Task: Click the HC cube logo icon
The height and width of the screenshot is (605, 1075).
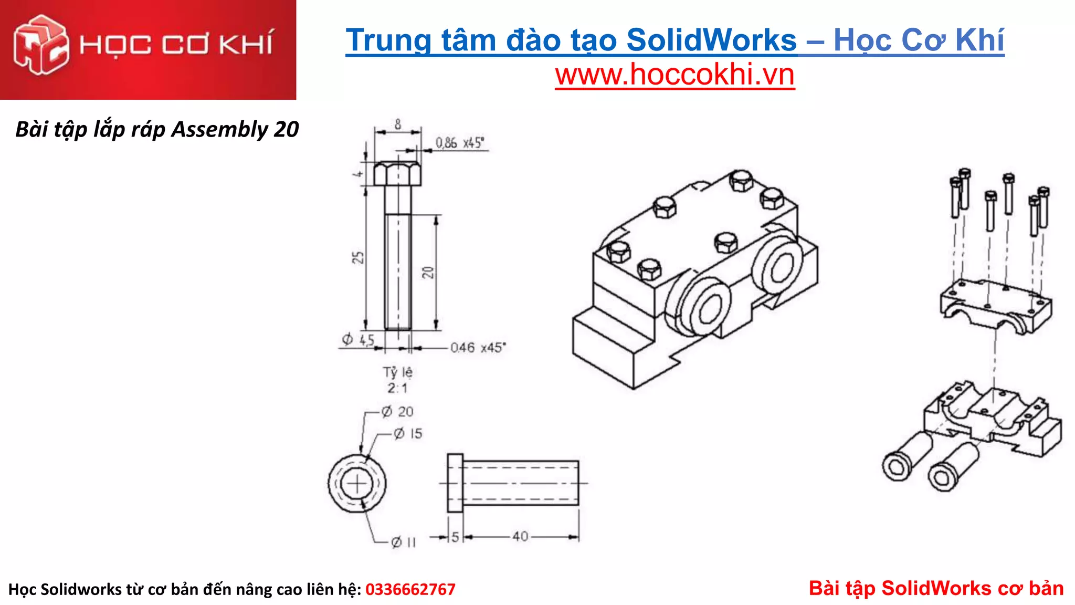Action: (x=40, y=45)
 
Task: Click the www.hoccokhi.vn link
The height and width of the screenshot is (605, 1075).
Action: (x=674, y=75)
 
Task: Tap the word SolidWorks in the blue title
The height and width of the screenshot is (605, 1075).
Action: (x=711, y=40)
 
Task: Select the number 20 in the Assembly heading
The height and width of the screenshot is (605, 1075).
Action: (x=287, y=129)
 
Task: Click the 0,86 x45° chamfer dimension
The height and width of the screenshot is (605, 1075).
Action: (x=460, y=143)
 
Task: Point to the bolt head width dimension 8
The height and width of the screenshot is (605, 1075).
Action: (x=398, y=124)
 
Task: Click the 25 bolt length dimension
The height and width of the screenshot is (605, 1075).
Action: (x=358, y=257)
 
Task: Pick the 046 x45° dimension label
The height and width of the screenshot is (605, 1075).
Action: (x=478, y=348)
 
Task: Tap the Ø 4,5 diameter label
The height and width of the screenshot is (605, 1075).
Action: (x=359, y=340)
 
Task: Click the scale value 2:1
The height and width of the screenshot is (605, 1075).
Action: (x=397, y=388)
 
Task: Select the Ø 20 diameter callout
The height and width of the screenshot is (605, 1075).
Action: (x=397, y=412)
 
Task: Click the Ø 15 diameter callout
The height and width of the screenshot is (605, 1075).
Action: (x=408, y=434)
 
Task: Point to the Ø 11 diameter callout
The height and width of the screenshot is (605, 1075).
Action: (x=403, y=542)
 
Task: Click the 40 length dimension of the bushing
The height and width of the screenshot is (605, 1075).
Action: (x=520, y=536)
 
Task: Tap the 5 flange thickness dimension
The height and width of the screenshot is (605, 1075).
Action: (x=455, y=537)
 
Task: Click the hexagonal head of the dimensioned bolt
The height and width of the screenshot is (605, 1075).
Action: (x=397, y=174)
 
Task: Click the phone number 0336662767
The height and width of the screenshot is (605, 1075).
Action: (x=410, y=589)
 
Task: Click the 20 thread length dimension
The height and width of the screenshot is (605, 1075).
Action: (x=428, y=272)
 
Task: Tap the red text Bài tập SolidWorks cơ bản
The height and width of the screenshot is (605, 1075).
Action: (x=936, y=588)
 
